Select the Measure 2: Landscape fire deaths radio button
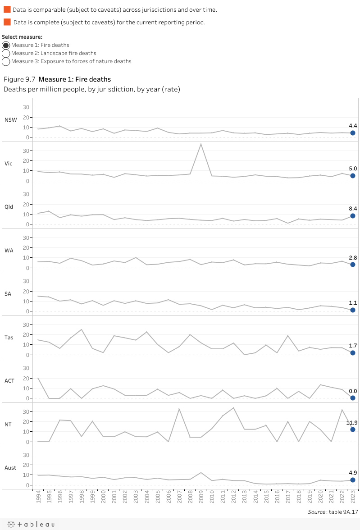click(6, 53)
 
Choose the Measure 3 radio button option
click(6, 61)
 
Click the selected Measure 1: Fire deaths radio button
click(6, 45)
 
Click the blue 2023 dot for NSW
click(353, 133)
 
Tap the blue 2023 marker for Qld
click(353, 216)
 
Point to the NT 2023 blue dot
click(353, 429)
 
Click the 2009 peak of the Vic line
click(201, 144)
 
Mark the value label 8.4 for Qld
click(353, 209)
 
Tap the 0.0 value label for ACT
click(353, 391)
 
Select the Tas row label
click(9, 337)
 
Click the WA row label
click(9, 250)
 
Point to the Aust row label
click(10, 468)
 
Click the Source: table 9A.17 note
click(333, 512)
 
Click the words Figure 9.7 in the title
click(19, 79)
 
